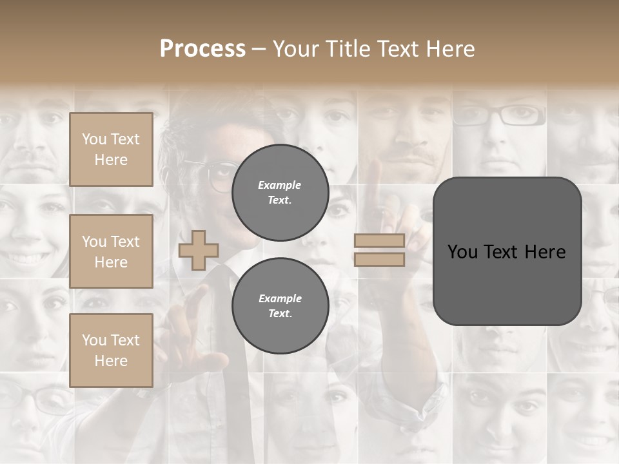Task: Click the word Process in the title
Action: pos(202,49)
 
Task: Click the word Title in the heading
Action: pos(346,49)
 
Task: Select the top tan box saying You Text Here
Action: pos(111,150)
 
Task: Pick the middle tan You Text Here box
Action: pos(111,251)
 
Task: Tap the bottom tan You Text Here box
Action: pos(111,350)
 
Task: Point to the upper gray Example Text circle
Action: pos(280,193)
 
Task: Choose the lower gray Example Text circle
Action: pos(280,306)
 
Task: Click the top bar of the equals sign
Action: pos(379,241)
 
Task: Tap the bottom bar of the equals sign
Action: pos(379,260)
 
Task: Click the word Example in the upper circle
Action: pos(280,185)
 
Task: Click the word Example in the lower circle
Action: pos(280,298)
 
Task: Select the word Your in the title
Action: pos(296,49)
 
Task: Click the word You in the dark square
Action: pos(463,252)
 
